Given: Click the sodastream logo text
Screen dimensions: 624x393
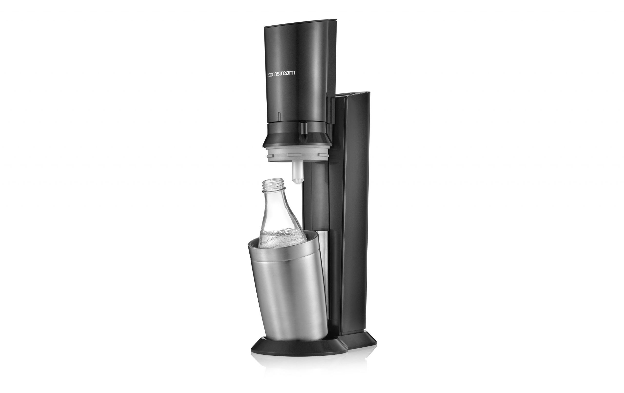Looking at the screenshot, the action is [281, 73].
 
